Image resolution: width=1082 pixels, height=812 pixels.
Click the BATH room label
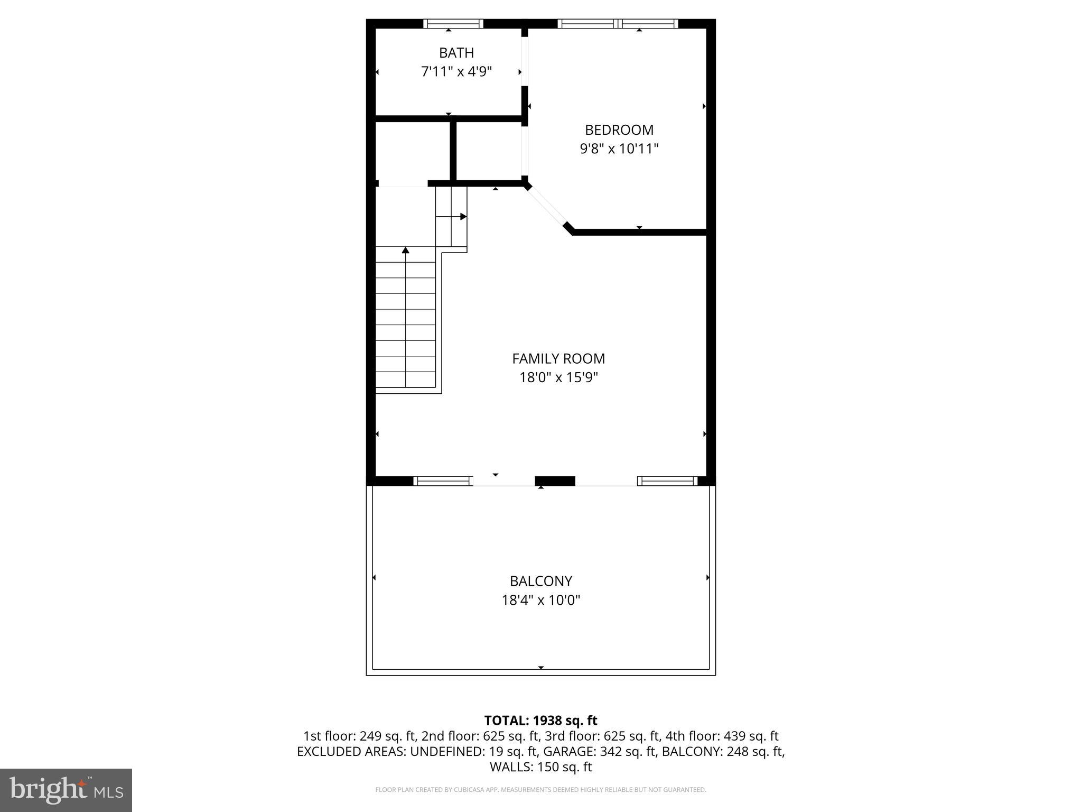coord(456,53)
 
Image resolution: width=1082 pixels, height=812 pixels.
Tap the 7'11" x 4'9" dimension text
coord(456,71)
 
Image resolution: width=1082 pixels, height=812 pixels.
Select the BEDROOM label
coord(619,130)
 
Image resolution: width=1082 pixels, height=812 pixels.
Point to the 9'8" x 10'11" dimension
coord(619,149)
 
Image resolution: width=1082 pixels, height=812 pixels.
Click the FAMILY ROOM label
coord(558,359)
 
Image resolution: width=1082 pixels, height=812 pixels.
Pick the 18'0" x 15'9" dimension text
coord(558,377)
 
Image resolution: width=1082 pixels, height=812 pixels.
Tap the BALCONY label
coord(541,582)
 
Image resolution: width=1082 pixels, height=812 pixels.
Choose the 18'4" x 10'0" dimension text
coord(541,600)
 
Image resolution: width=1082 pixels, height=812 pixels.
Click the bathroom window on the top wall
coord(453,24)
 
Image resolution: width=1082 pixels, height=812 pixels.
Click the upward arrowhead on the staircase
coord(406,250)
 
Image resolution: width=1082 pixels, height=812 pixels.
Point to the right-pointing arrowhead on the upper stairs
coord(463,217)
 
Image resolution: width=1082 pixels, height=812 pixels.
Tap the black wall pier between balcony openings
coord(555,481)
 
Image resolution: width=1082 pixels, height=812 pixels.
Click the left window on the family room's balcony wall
coord(443,481)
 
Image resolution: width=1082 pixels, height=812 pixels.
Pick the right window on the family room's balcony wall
coord(668,481)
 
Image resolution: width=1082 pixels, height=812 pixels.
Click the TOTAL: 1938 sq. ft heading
coord(540,721)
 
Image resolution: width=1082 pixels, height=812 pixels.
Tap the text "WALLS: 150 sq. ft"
coord(540,767)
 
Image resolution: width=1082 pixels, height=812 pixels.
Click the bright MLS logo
coord(66,790)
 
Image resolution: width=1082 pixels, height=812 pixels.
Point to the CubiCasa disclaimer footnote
coord(540,790)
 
